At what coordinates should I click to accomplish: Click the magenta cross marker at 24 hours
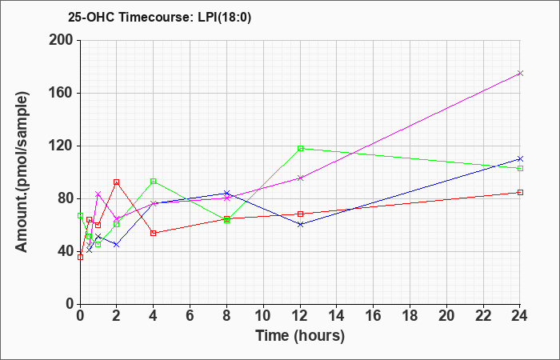click(520, 74)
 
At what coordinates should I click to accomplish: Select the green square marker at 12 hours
click(300, 148)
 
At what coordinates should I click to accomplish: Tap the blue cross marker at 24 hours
click(520, 159)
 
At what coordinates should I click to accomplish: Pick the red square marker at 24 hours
click(520, 193)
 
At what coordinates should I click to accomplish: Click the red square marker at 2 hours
click(116, 182)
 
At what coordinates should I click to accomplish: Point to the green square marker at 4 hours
click(154, 181)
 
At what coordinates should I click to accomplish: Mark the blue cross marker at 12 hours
click(300, 224)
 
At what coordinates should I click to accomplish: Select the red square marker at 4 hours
click(154, 234)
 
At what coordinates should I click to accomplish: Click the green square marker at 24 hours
click(520, 168)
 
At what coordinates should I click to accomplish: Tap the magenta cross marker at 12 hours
click(300, 178)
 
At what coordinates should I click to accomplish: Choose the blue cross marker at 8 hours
click(226, 194)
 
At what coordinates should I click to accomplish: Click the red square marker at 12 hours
click(300, 214)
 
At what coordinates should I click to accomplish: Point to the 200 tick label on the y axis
click(61, 40)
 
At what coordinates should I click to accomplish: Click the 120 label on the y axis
click(61, 146)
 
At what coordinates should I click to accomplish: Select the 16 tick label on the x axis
click(374, 316)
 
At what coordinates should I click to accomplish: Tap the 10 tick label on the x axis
click(263, 316)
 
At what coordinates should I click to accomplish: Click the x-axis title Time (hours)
click(300, 336)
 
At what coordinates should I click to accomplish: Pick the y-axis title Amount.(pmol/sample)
click(22, 172)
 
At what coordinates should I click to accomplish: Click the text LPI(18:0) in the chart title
click(224, 18)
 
